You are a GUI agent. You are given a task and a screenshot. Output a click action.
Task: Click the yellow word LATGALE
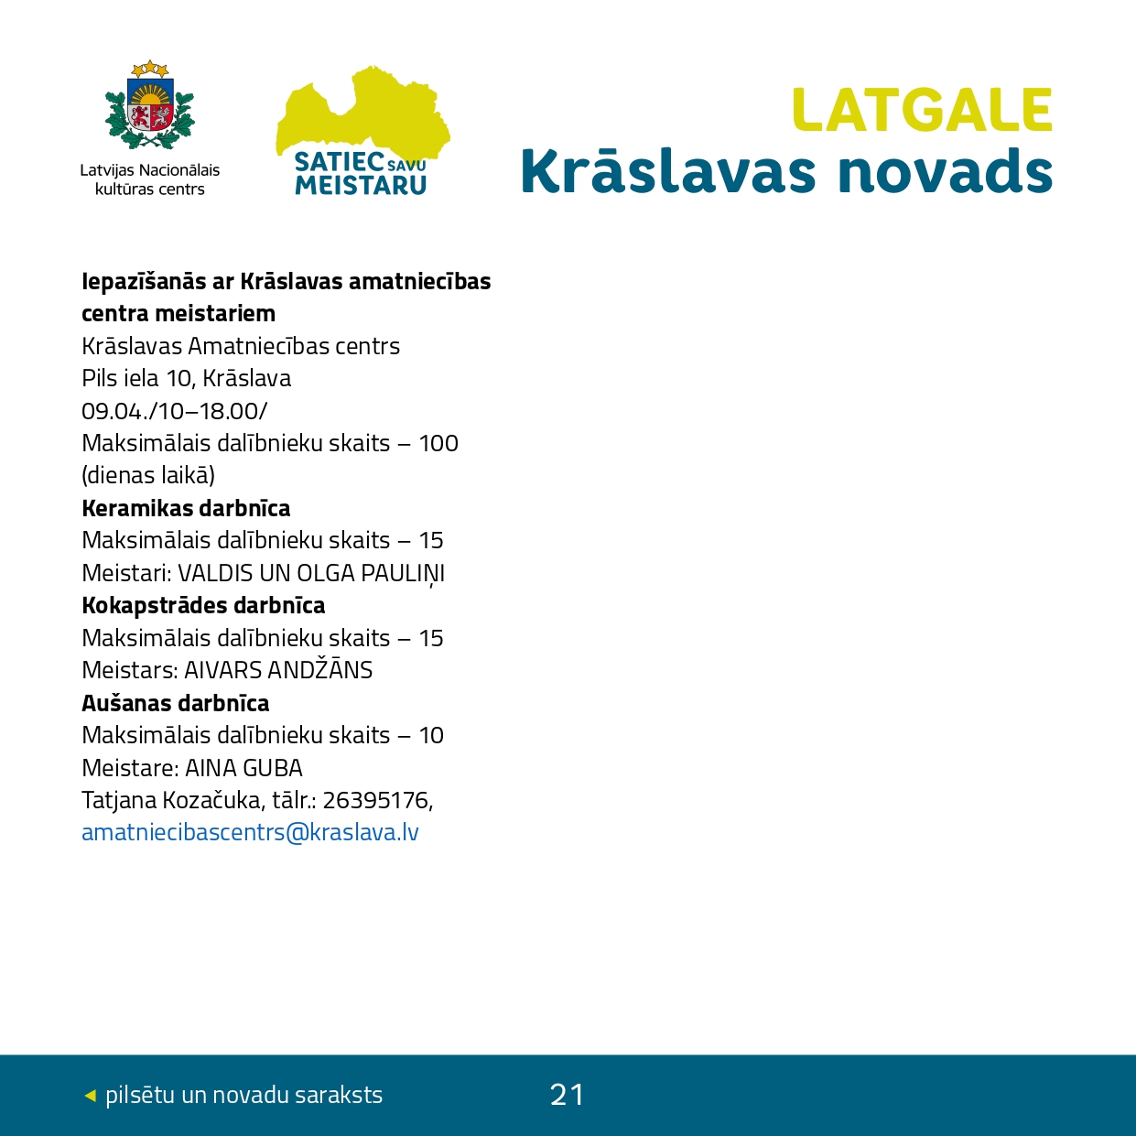tap(922, 111)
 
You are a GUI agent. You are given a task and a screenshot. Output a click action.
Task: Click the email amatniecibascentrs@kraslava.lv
tap(250, 832)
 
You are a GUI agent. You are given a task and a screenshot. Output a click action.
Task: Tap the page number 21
tap(567, 1094)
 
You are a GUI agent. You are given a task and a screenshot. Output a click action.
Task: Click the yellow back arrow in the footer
tap(90, 1095)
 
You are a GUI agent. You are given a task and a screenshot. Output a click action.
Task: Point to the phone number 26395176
tap(375, 800)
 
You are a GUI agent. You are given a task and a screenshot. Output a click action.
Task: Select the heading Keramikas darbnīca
tap(186, 508)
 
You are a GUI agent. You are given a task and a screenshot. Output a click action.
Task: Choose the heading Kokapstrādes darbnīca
tap(203, 605)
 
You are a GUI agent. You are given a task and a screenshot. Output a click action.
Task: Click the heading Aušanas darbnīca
tap(176, 703)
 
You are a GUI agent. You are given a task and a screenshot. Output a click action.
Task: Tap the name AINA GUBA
tap(243, 768)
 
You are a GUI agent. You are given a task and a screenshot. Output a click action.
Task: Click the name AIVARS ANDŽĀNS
tap(278, 670)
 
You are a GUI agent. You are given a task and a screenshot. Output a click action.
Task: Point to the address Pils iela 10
tap(137, 378)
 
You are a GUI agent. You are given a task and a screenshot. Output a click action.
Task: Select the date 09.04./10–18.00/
tap(174, 411)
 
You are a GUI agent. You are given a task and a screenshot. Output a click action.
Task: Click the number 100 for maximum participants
tap(438, 443)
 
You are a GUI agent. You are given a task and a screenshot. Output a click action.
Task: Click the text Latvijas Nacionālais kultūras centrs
tap(150, 179)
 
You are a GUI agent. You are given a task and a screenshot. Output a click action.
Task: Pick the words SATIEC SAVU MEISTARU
tap(361, 173)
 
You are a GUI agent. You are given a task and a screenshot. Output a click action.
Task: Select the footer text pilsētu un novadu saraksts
tap(243, 1095)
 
